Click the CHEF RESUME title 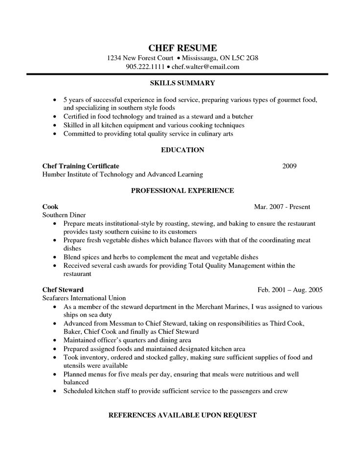point(182,47)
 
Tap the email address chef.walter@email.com point(205,67)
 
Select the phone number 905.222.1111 point(144,67)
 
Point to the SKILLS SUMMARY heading point(182,83)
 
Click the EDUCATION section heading point(182,150)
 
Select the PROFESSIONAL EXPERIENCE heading point(182,190)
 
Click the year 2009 point(290,166)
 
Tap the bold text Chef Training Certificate point(81,166)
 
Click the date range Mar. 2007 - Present point(282,207)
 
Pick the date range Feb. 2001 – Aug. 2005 point(290,290)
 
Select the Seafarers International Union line point(84,298)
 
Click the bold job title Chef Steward point(63,290)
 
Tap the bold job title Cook point(50,207)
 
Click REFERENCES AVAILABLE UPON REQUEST point(182,415)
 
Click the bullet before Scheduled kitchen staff point(55,392)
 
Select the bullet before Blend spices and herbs point(55,257)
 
